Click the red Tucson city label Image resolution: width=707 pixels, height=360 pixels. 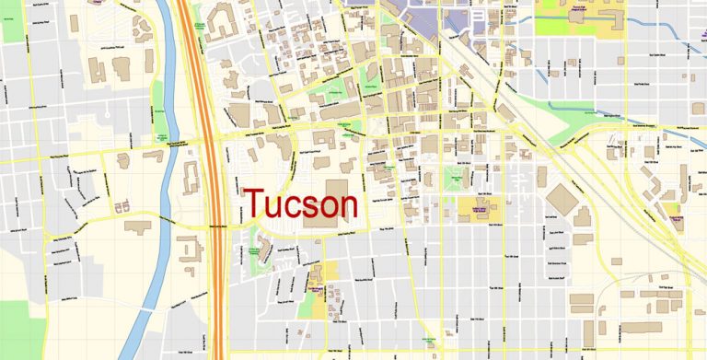299,203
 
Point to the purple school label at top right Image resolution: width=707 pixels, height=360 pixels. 578,11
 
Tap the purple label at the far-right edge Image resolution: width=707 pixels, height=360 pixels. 677,218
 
